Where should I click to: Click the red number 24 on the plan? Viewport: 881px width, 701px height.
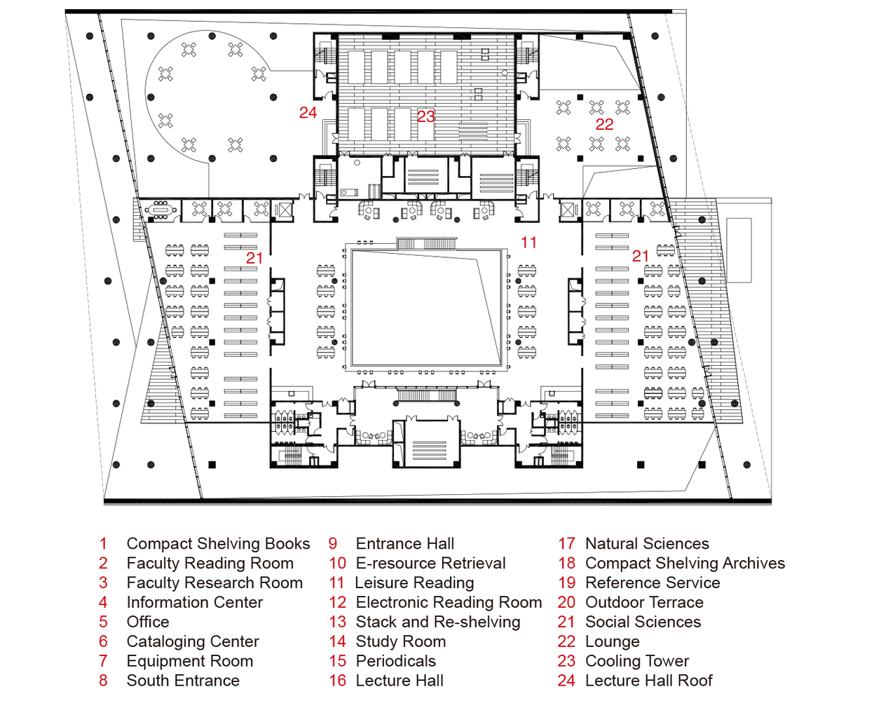(308, 113)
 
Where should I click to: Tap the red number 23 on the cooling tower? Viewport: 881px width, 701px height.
(426, 116)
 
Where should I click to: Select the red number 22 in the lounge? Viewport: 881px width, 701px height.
(604, 125)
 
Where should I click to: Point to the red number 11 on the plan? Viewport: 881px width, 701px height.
(528, 243)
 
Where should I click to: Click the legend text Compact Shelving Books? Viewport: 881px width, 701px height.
(218, 544)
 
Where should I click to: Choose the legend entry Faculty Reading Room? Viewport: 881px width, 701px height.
(210, 564)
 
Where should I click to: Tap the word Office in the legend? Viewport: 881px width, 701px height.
(148, 622)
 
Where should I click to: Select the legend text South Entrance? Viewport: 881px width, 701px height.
(183, 681)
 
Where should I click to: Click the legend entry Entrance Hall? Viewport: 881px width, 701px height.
(404, 544)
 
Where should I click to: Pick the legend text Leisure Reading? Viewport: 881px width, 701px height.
(414, 583)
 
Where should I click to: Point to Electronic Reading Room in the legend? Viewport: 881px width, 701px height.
(449, 603)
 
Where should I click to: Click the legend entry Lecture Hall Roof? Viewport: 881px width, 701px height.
(648, 681)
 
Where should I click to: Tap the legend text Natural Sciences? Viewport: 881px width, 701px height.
(647, 544)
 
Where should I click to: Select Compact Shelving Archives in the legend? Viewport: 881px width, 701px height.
(685, 564)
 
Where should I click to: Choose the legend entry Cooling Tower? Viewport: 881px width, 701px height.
(637, 661)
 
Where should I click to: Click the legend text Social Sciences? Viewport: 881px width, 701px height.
(643, 622)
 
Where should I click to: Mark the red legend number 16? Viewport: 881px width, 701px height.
(338, 681)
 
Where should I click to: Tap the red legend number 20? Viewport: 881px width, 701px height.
(566, 603)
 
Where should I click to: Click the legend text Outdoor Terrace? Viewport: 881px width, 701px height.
(644, 603)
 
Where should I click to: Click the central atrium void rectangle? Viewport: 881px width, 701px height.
(426, 308)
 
